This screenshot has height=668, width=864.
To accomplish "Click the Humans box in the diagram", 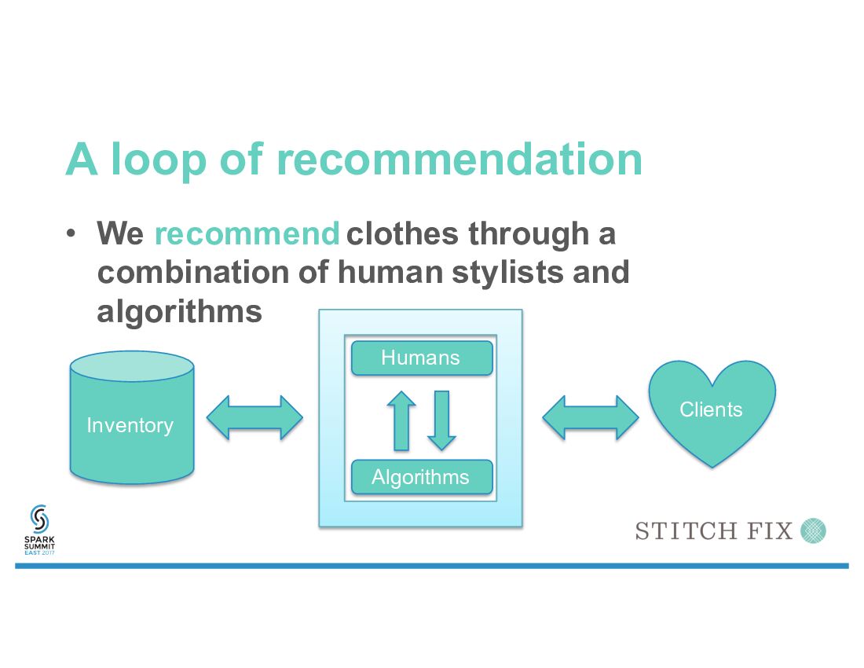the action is tap(422, 358).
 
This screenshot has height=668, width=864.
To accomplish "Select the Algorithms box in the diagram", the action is tap(422, 477).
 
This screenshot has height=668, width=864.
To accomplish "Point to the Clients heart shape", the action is tap(712, 410).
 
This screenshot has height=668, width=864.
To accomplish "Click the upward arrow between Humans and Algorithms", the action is tap(401, 420).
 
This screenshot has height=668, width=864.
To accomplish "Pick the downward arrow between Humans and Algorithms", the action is tap(441, 420).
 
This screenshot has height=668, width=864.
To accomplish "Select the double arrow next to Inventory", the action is tap(254, 417).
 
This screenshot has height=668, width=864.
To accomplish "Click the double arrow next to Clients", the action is tap(591, 417).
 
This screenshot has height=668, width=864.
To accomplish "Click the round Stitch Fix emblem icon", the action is tap(813, 530).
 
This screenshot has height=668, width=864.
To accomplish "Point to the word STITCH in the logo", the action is tap(682, 531).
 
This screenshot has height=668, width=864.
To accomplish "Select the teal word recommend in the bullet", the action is tap(247, 233).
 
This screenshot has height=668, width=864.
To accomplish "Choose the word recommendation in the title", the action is tap(459, 159).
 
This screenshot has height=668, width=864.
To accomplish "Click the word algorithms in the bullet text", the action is tap(179, 311).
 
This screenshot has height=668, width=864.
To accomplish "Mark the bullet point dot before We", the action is tap(71, 233).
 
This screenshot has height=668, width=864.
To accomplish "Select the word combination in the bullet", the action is tap(192, 272).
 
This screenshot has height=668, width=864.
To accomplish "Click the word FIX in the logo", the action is tap(769, 531).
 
